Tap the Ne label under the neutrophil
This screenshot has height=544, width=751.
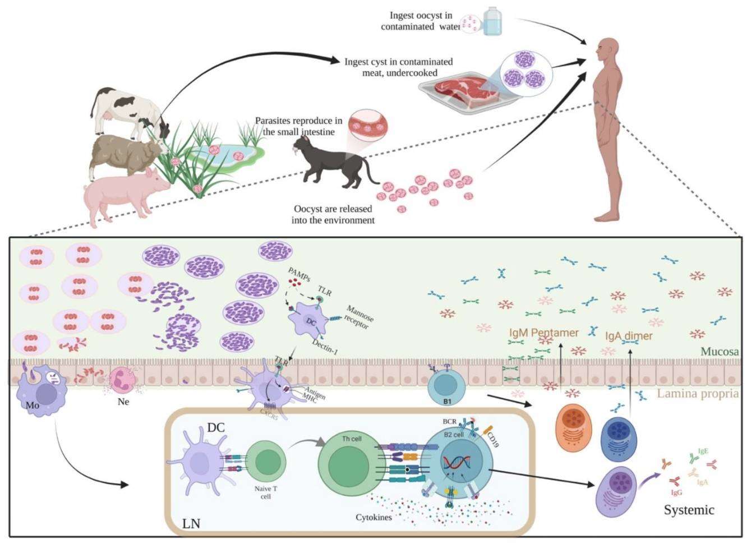123,402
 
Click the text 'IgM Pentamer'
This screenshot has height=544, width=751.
543,333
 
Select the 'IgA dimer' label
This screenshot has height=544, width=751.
629,336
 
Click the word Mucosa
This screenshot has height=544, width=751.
720,352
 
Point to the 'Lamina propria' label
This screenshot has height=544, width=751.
697,393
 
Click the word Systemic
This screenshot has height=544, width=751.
689,510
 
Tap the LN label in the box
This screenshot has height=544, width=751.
191,524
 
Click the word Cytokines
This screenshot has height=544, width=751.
374,517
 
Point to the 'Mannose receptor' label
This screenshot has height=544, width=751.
360,317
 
